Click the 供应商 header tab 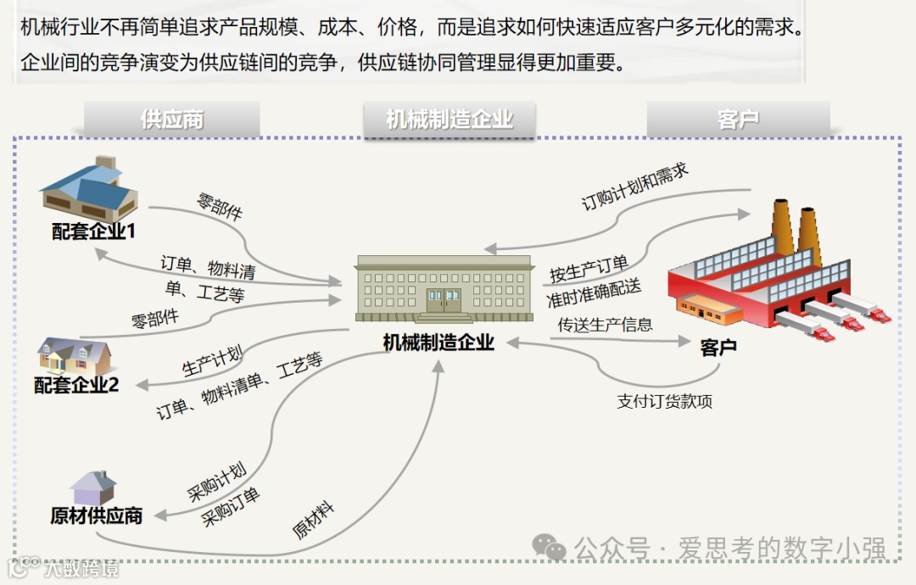pyautogui.click(x=172, y=120)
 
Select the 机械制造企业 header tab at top pyautogui.click(x=450, y=120)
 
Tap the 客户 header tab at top pyautogui.click(x=738, y=120)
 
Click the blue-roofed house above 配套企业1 pyautogui.click(x=90, y=189)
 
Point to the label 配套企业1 pyautogui.click(x=94, y=231)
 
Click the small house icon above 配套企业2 pyautogui.click(x=74, y=357)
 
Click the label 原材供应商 pyautogui.click(x=96, y=515)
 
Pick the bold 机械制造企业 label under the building pyautogui.click(x=438, y=343)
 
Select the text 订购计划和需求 pyautogui.click(x=634, y=187)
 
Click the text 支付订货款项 pyautogui.click(x=664, y=401)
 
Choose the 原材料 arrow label pyautogui.click(x=313, y=520)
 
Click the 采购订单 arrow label pyautogui.click(x=231, y=507)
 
